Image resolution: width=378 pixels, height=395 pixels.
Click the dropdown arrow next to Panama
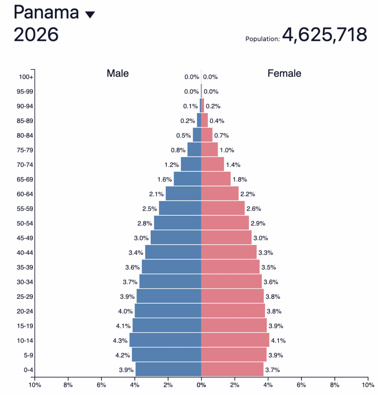click(90, 15)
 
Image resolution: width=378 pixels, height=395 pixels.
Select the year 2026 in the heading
click(36, 35)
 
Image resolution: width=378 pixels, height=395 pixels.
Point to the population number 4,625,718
click(324, 35)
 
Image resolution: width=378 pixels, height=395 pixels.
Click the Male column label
click(118, 73)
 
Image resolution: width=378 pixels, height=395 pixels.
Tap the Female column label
click(284, 73)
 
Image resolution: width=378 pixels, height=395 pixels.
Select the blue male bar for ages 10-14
click(165, 340)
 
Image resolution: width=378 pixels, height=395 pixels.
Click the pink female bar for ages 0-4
click(232, 370)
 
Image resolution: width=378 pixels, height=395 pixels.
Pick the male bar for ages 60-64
click(183, 194)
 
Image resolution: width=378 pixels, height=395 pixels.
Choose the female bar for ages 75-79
click(209, 150)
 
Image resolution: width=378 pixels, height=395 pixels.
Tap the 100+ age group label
click(26, 77)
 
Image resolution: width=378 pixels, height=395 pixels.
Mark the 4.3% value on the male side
click(120, 341)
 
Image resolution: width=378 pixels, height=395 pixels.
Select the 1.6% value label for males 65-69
click(165, 179)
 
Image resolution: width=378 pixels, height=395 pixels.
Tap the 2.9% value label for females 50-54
click(258, 223)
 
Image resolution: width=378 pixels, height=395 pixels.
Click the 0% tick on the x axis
click(201, 385)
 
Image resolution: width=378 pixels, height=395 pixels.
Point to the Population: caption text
click(262, 39)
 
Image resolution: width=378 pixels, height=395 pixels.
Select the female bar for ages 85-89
click(204, 120)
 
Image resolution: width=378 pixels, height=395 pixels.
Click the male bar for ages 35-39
click(171, 267)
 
